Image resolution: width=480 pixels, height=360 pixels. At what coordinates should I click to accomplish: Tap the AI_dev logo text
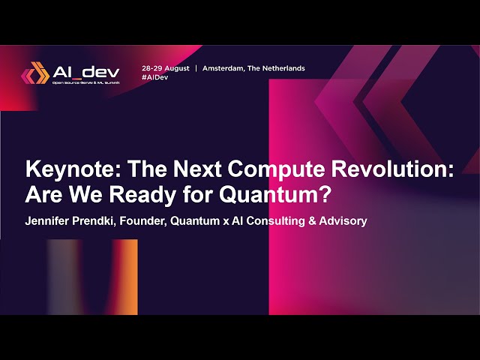click(x=85, y=71)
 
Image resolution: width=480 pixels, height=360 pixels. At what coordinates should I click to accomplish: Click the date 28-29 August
click(x=166, y=68)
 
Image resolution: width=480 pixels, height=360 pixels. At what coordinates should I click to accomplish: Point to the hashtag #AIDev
click(x=155, y=77)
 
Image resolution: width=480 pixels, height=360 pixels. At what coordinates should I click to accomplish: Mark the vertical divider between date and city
click(x=196, y=68)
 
